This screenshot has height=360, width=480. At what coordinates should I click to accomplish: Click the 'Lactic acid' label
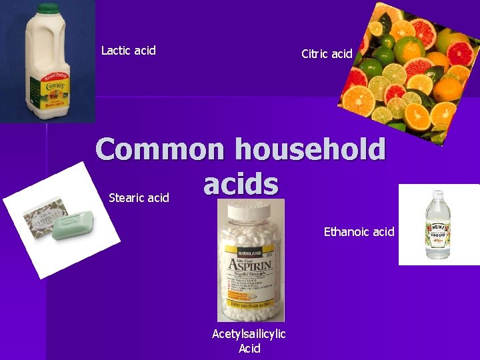(x=128, y=51)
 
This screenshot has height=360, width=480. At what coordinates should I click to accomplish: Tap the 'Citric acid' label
(x=327, y=54)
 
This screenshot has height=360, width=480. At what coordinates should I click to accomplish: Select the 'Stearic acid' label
(x=139, y=198)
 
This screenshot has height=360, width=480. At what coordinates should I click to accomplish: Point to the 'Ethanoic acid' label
(x=359, y=232)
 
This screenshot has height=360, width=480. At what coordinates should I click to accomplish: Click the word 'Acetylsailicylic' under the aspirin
(x=249, y=334)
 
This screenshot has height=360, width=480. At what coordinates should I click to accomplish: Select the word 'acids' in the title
(x=241, y=183)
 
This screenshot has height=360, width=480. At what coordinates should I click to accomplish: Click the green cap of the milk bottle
(x=47, y=9)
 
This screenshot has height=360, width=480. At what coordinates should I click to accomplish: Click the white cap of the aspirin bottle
(x=249, y=212)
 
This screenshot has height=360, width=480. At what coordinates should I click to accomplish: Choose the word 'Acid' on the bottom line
(x=249, y=348)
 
